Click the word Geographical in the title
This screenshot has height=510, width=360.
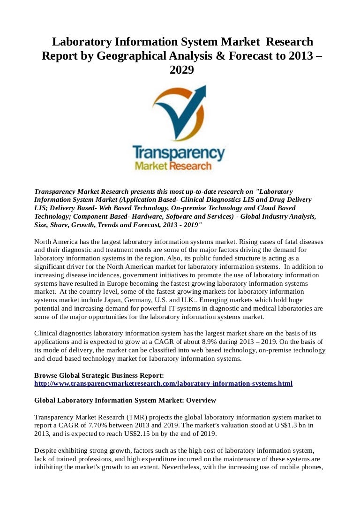pyautogui.click(x=125, y=56)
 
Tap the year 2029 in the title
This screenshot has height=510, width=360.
pyautogui.click(x=181, y=70)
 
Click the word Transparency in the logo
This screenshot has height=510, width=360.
pyautogui.click(x=179, y=153)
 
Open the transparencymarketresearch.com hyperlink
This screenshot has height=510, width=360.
pyautogui.click(x=163, y=383)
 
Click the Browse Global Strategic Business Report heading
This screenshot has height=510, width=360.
pyautogui.click(x=99, y=375)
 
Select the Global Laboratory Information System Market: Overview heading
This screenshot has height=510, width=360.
pyautogui.click(x=125, y=400)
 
